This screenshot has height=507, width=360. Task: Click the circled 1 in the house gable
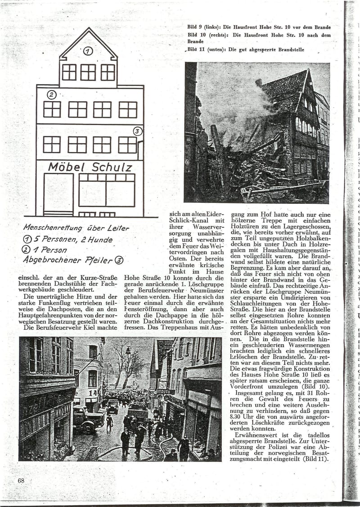coord(88,51)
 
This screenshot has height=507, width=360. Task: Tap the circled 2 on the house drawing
coord(51,94)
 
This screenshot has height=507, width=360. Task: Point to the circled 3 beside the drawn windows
coord(138,131)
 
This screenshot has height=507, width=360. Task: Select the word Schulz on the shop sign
coord(112,167)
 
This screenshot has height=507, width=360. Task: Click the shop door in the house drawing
coord(58,194)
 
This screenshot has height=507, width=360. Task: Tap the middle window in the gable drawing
coord(88,72)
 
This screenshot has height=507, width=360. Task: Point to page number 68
coord(21,480)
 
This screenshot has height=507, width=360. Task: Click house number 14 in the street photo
coord(92,392)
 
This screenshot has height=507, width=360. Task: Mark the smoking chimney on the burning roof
coord(259,82)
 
